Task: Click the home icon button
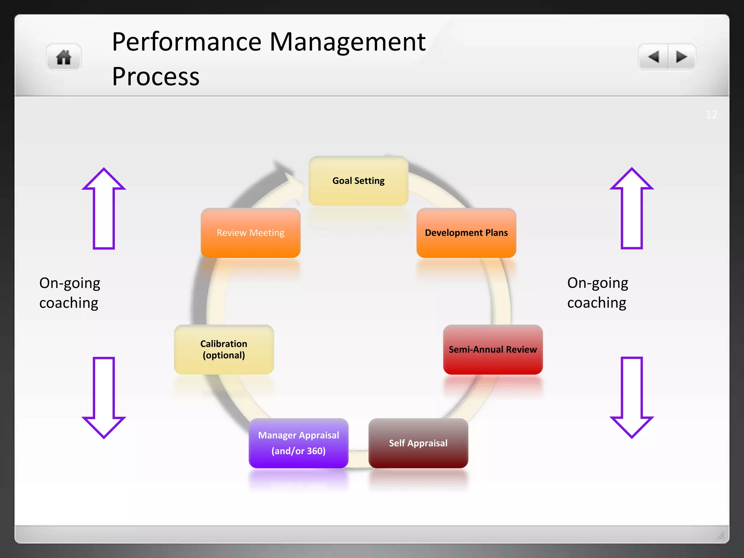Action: [x=64, y=57]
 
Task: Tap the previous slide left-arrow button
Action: [x=654, y=57]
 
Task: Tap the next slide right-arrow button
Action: [x=681, y=57]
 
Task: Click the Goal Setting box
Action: [x=358, y=181]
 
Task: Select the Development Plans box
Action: [x=466, y=233]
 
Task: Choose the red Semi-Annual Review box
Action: [x=493, y=349]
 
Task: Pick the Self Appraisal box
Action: [x=418, y=443]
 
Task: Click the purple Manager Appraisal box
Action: [x=298, y=443]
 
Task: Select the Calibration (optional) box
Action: [x=224, y=349]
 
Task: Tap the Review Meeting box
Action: [x=250, y=233]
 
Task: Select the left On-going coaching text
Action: [x=69, y=293]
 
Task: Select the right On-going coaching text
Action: [x=598, y=293]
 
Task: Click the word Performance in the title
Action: [x=186, y=42]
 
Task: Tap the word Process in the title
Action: [x=155, y=77]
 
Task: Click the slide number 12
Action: [x=711, y=115]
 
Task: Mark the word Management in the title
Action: [x=347, y=42]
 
